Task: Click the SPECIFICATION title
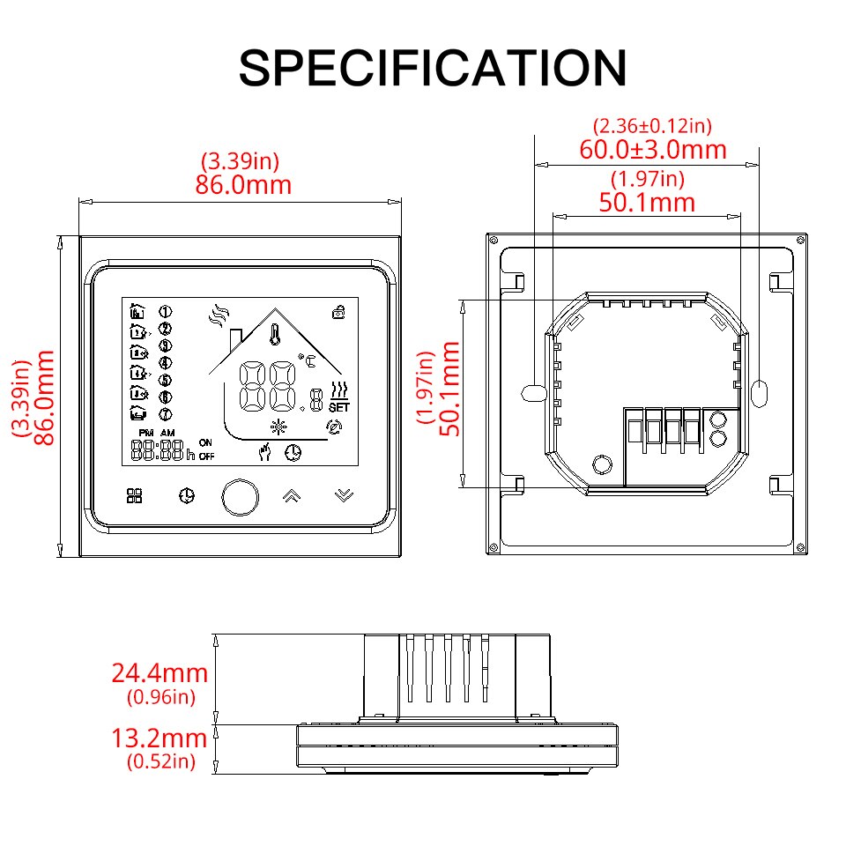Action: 433,68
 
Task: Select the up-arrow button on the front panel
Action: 291,495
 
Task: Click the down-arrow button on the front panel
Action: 344,495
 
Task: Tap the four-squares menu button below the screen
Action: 134,496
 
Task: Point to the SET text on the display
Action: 338,407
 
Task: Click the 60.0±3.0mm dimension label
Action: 653,149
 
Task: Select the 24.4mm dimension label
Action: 160,674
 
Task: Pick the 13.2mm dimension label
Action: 160,738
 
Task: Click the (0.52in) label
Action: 160,761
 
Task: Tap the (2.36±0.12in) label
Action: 652,126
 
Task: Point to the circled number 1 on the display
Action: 164,311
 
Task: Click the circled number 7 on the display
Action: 164,414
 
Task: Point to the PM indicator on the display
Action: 145,433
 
